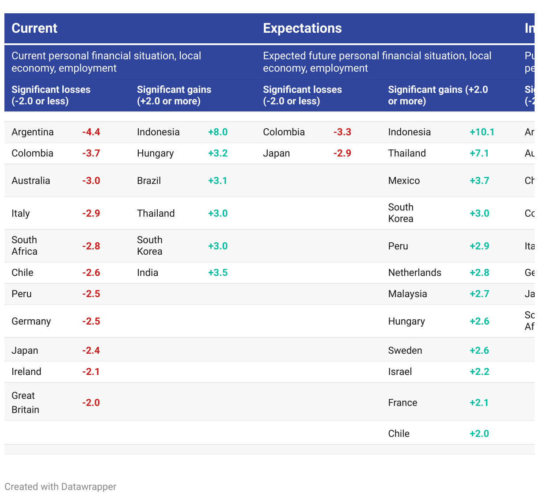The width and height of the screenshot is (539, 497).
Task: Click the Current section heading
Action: [x=34, y=28]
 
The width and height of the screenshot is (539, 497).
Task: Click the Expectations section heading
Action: [x=302, y=28]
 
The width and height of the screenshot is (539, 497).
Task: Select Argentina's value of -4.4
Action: [x=91, y=132]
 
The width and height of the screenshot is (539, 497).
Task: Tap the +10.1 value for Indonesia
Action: [x=482, y=132]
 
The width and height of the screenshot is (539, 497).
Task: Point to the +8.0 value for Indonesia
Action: [x=218, y=132]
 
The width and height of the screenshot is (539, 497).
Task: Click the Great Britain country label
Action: [x=25, y=402]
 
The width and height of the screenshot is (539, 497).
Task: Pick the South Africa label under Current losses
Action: [x=24, y=246]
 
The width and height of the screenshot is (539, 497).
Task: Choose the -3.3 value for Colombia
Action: [x=342, y=132]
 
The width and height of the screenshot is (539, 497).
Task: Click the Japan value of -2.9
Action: [x=342, y=153]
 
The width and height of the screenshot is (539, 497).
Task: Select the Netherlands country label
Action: [x=414, y=273]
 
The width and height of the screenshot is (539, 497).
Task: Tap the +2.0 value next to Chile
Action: [x=479, y=434]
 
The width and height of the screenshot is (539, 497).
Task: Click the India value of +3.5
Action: [x=218, y=273]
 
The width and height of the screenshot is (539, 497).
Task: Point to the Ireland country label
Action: [x=27, y=372]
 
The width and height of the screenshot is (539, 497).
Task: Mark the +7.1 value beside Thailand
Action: [x=479, y=153]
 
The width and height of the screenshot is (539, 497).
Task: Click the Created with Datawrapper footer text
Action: [x=61, y=487]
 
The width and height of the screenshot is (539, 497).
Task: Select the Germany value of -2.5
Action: [x=91, y=321]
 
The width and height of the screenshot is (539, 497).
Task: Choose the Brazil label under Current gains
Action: [x=149, y=181]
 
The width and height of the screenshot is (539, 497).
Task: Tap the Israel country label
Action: [x=400, y=372]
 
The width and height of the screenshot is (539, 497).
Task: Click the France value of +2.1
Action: [x=479, y=403]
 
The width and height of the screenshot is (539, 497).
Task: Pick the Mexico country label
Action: [x=404, y=181]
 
